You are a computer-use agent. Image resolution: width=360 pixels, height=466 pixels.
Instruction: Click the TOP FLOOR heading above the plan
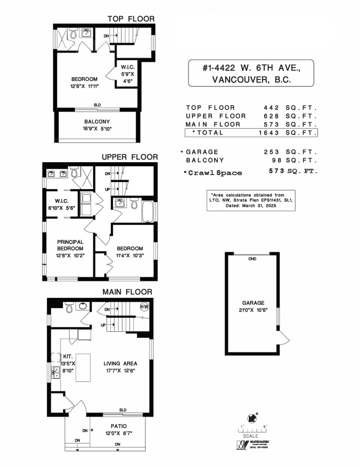(131, 19)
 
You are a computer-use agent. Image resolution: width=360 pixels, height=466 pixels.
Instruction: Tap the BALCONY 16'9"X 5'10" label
(97, 125)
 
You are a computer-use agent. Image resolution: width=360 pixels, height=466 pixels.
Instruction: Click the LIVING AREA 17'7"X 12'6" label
(120, 367)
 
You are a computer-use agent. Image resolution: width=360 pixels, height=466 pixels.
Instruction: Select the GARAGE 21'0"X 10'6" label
(253, 307)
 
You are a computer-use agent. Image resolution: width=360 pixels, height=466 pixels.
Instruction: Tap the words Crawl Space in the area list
(214, 173)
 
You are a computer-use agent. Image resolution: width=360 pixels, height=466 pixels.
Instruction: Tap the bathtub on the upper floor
(149, 210)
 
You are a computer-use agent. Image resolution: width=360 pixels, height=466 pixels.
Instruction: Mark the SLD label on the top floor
(96, 105)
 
